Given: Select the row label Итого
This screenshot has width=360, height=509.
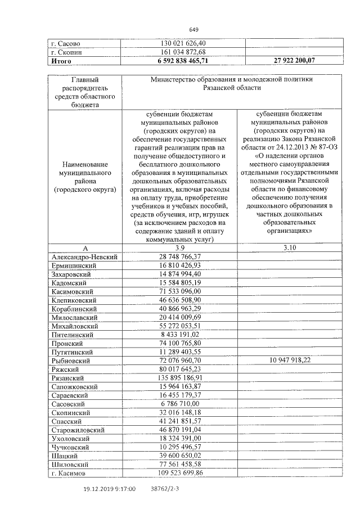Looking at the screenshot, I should pyautogui.click(x=61, y=61).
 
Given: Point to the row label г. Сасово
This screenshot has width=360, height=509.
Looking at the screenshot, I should pyautogui.click(x=65, y=43).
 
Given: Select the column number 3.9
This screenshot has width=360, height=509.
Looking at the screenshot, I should pyautogui.click(x=179, y=248).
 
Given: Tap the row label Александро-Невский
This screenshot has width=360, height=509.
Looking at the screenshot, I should pyautogui.click(x=84, y=257).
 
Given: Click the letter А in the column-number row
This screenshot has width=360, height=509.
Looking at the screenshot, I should pyautogui.click(x=85, y=248).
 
